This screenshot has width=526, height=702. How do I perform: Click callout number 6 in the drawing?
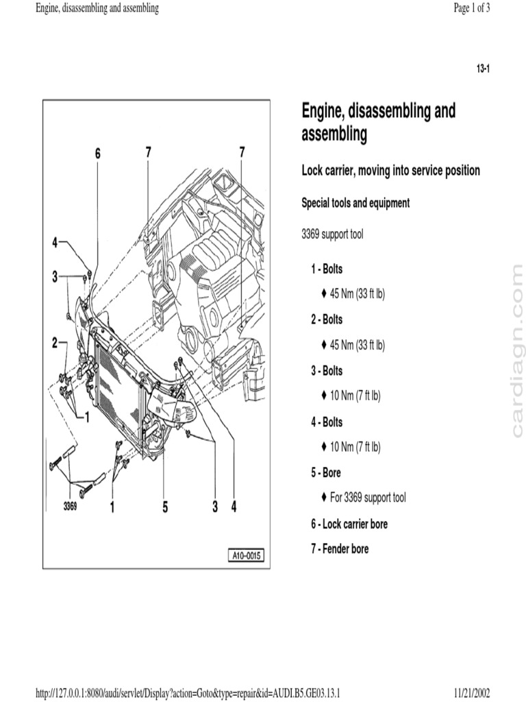pos(97,154)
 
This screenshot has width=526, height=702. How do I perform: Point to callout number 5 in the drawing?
pos(165,507)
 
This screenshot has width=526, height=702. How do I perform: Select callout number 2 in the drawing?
pos(55,345)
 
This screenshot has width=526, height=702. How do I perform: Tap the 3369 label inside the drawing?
pos(70,507)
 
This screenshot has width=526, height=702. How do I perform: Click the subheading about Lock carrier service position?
pos(390,171)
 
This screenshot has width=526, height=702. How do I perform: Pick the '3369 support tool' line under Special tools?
pos(332,235)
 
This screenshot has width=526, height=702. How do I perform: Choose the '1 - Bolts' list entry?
pos(327,269)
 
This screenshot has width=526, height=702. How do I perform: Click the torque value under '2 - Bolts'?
pos(357,345)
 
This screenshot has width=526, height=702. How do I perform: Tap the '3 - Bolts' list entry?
pos(327,371)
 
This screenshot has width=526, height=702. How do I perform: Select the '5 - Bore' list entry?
pos(325,472)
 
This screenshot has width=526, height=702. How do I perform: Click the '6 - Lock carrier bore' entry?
pos(349,524)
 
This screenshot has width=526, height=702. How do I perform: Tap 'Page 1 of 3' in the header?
pos(472,9)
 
